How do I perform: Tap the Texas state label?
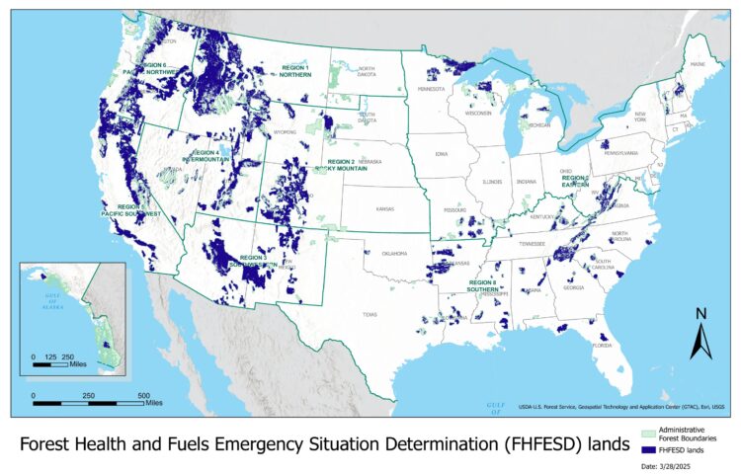[369, 314]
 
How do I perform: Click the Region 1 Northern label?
[294, 72]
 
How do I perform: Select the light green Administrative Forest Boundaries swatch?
[648, 432]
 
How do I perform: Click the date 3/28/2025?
[678, 464]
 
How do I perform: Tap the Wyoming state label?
[285, 130]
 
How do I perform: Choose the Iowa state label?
[441, 154]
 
